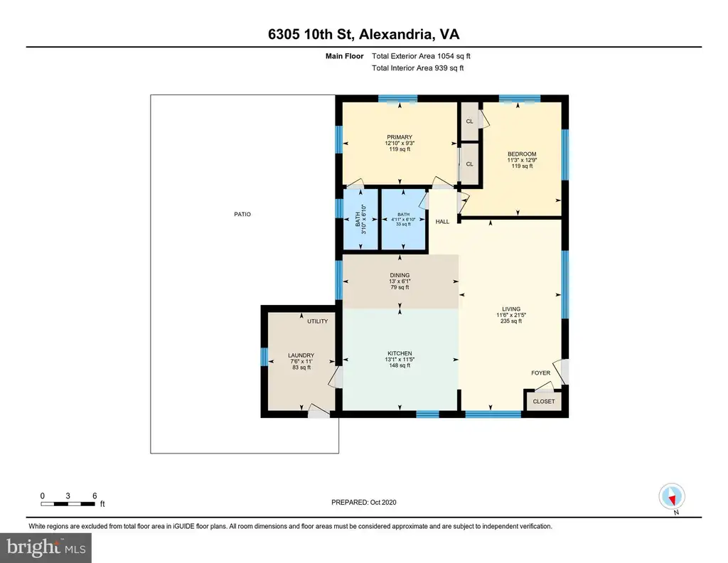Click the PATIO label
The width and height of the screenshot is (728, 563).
242,214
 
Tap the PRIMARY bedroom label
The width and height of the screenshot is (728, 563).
400,137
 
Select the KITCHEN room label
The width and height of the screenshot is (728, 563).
400,353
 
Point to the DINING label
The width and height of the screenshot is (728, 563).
400,275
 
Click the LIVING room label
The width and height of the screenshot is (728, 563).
511,309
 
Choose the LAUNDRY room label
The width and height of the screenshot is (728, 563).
301,355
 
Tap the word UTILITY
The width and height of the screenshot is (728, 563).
318,321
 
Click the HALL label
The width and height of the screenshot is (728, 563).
442,221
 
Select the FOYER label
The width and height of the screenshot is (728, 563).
541,372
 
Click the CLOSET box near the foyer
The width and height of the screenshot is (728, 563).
544,401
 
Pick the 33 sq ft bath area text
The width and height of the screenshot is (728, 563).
403,224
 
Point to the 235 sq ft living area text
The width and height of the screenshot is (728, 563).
511,321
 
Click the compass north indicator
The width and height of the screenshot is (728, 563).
672,497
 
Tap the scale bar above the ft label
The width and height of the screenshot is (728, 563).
68,503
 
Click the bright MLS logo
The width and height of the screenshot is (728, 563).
45,547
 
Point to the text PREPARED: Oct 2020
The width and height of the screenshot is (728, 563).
364,502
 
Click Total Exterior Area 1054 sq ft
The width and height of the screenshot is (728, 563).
421,56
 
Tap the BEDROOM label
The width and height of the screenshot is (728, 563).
522,154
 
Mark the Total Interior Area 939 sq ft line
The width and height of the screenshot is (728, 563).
418,68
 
